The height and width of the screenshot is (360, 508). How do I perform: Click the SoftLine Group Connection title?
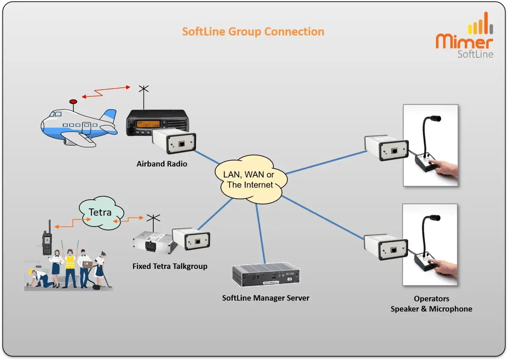(x=253, y=32)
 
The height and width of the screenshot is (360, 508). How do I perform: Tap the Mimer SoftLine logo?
(x=464, y=36)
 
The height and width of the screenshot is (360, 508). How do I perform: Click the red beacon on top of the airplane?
(x=73, y=102)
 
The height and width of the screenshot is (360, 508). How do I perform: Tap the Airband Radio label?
(x=162, y=163)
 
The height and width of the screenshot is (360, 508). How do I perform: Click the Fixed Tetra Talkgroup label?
(x=170, y=266)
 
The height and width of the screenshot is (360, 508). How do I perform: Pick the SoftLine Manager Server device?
(x=266, y=275)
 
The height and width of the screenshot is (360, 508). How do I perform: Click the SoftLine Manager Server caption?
(x=265, y=298)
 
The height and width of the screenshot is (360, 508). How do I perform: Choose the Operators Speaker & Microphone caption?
(x=431, y=304)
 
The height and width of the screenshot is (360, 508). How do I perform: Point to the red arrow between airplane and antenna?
(x=106, y=92)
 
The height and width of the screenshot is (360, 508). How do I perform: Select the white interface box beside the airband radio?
(x=174, y=142)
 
